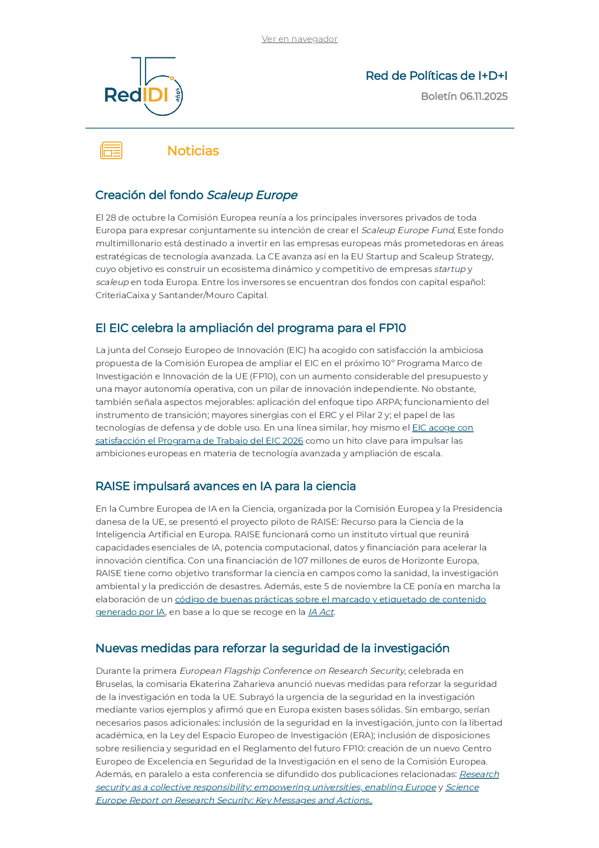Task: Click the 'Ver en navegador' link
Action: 299,39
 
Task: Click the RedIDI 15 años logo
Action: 143,87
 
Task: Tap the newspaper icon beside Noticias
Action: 111,151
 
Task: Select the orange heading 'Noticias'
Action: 193,151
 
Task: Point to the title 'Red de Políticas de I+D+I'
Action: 436,76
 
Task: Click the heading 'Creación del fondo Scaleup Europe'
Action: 196,195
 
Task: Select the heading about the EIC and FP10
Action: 250,328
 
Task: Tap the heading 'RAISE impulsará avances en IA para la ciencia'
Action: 226,486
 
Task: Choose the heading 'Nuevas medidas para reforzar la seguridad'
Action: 272,649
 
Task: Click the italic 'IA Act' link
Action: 321,612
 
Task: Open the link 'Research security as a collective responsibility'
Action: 266,788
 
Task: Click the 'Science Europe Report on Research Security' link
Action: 234,801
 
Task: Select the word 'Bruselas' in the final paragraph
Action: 114,684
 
